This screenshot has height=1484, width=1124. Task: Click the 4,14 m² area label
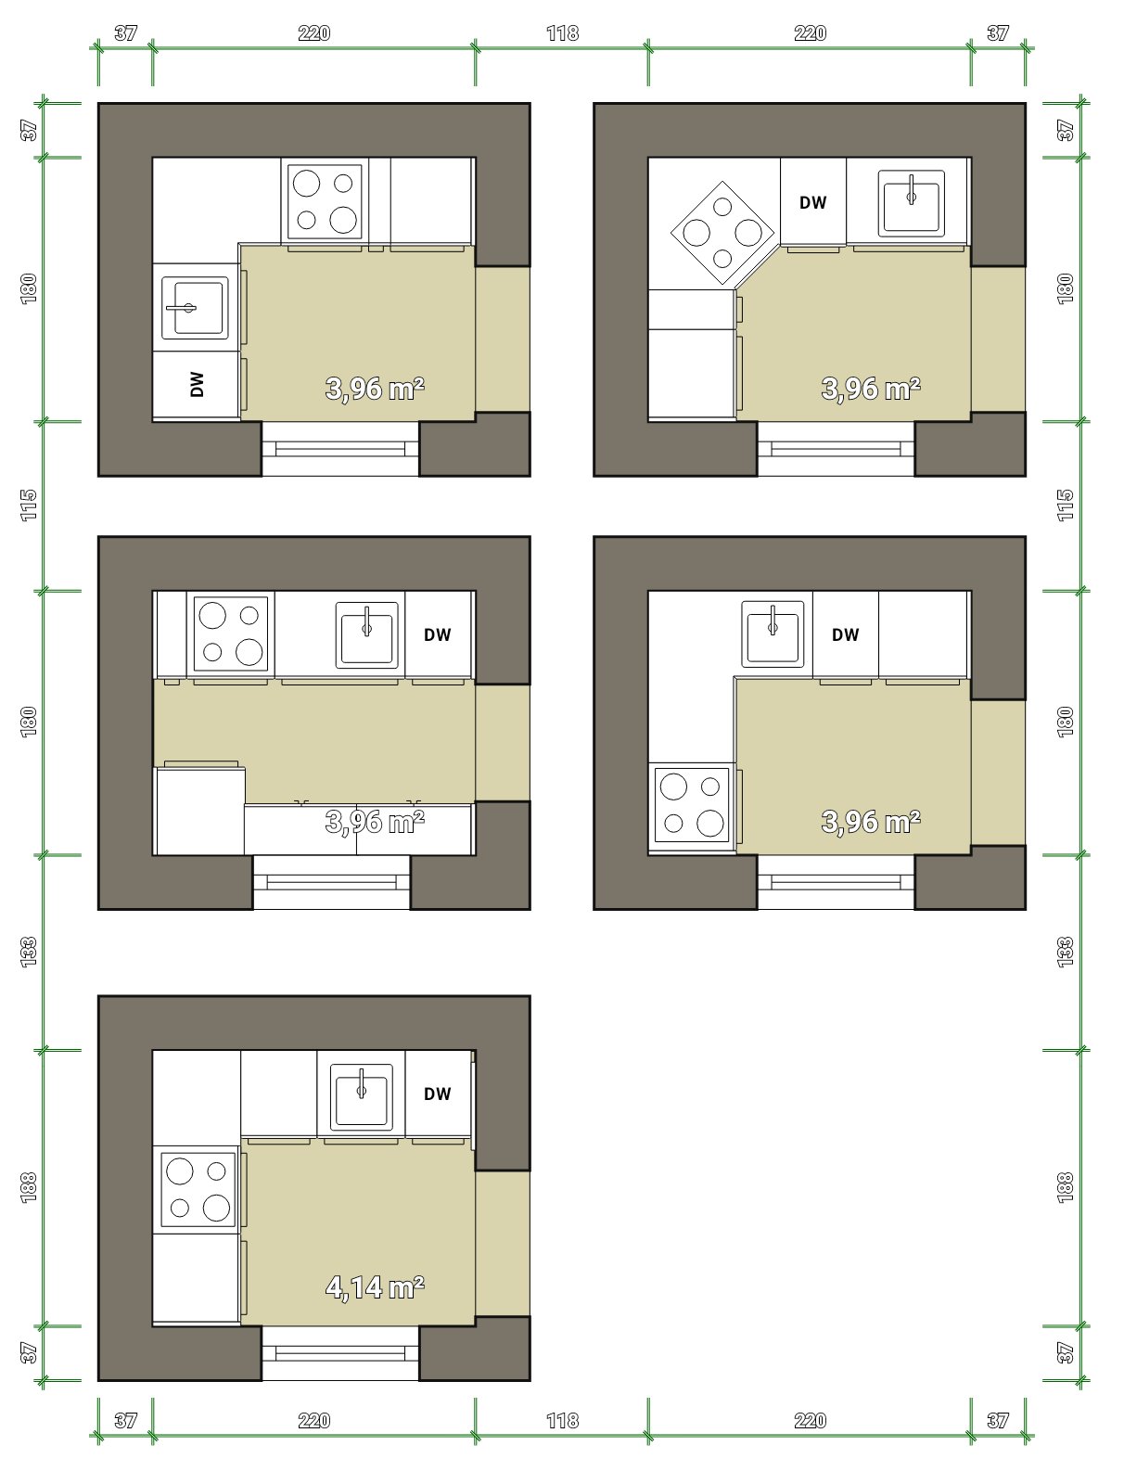coord(375,1287)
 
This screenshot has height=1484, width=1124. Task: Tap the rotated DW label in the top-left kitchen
coord(197,384)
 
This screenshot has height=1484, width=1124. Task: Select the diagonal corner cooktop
coord(722,233)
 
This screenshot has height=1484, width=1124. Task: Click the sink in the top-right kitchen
coord(911,203)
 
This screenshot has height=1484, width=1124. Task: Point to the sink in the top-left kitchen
coord(195,308)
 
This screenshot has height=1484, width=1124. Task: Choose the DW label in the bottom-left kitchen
coord(438,1094)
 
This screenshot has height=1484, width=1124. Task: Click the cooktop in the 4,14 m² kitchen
coord(198,1190)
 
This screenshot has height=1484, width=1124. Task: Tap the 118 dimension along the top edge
coord(562,33)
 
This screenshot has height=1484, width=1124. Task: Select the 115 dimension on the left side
coord(29,505)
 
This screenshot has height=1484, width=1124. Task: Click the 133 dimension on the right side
coord(1065,952)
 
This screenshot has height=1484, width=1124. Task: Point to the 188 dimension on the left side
coord(29,1187)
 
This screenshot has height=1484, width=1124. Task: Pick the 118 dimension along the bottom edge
coord(562,1420)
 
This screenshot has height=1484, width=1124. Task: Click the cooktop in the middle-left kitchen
coord(231,633)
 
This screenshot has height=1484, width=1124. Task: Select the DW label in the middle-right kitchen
coord(845,634)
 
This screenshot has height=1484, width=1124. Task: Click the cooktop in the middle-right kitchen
coord(692,805)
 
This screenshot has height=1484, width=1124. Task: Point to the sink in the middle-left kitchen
coord(367,634)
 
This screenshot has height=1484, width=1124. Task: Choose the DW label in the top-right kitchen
coord(812,203)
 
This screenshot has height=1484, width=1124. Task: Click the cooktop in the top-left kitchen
coord(326,201)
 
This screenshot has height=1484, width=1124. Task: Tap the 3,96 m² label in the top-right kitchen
coord(871,389)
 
